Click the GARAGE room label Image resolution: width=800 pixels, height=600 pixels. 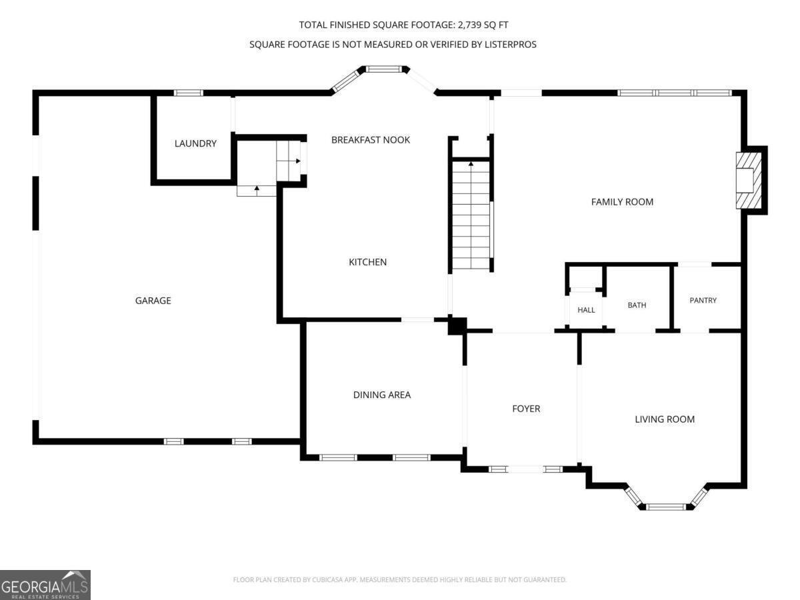click(153, 301)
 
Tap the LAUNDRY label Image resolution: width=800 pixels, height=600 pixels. click(195, 143)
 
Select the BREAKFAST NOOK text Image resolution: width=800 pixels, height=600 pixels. click(371, 140)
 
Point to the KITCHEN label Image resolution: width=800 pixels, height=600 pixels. click(368, 262)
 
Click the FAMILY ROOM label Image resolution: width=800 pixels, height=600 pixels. click(622, 202)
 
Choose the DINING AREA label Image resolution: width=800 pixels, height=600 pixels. click(382, 395)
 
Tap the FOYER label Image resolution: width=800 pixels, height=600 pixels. click(526, 409)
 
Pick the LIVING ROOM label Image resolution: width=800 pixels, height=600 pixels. click(665, 419)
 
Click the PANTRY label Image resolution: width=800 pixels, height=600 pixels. click(703, 300)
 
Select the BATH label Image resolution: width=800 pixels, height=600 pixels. click(637, 305)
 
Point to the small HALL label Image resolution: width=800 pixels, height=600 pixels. click(586, 310)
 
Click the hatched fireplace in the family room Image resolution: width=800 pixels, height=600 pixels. click(749, 180)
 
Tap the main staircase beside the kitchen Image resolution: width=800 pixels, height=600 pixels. click(471, 215)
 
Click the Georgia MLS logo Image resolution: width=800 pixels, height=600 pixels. click(45, 585)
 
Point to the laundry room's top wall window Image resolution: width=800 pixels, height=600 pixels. click(188, 93)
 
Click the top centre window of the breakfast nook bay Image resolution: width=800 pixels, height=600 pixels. click(383, 69)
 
